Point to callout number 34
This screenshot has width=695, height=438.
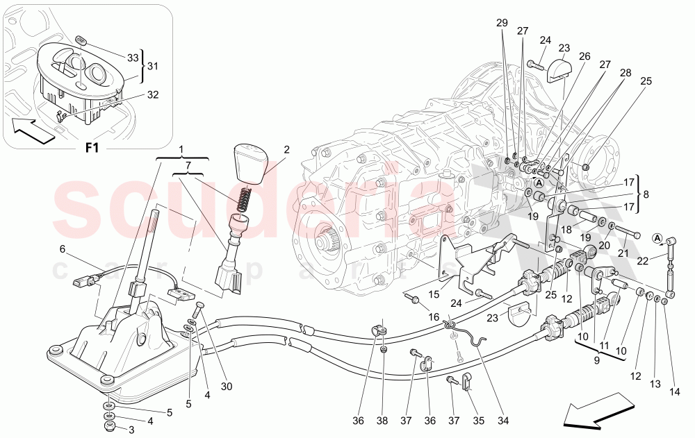[502, 420]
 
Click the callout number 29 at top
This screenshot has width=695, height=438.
[502, 22]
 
